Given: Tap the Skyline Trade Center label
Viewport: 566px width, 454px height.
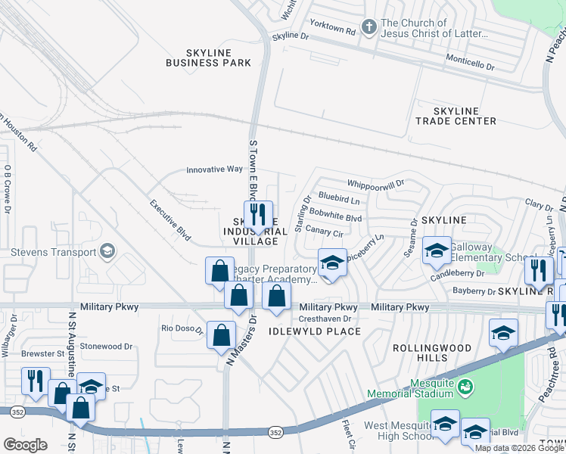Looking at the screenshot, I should [x=456, y=116].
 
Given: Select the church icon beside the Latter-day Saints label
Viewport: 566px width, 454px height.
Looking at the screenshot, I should [x=369, y=28].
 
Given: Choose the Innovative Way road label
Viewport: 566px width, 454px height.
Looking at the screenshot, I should [x=214, y=170].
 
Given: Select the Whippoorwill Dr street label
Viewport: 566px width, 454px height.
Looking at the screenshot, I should [x=376, y=184].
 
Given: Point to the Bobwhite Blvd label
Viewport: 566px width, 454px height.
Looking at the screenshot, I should [x=336, y=217].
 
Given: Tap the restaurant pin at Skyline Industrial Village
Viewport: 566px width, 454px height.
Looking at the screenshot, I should [x=258, y=215].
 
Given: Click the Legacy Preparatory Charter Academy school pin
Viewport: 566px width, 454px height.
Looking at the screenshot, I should [x=331, y=263].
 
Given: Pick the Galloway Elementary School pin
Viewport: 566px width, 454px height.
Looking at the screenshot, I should [x=436, y=251].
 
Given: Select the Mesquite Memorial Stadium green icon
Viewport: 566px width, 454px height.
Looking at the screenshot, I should [x=466, y=387].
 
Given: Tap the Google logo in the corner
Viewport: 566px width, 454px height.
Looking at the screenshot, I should [x=25, y=445].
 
